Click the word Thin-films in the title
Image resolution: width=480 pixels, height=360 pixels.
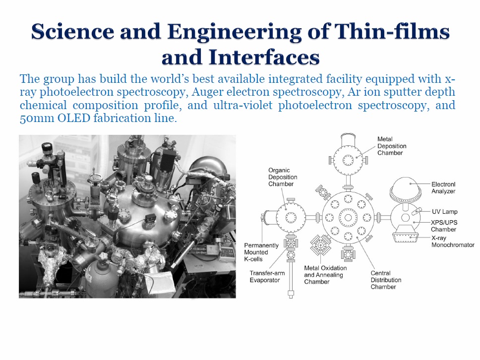(x=392, y=31)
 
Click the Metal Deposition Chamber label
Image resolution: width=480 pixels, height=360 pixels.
(x=392, y=146)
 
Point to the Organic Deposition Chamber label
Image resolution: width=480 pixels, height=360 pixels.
(x=283, y=177)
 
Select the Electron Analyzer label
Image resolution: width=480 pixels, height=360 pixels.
(x=443, y=187)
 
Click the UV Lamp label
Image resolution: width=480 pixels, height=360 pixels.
(x=444, y=212)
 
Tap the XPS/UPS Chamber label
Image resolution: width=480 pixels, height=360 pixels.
(x=444, y=226)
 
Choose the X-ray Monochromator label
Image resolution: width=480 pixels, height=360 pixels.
(x=453, y=241)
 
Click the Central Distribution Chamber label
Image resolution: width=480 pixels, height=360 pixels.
(x=386, y=280)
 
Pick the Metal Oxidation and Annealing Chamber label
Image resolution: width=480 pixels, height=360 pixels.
(x=325, y=275)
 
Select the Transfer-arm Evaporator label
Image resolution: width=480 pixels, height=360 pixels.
(x=267, y=276)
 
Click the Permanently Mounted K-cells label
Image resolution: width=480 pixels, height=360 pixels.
(x=261, y=252)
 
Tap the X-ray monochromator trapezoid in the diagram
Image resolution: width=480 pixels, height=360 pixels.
(x=406, y=238)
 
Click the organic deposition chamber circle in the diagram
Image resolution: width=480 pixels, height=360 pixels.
(x=291, y=218)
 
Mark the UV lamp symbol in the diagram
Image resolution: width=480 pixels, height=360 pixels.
(x=417, y=211)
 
